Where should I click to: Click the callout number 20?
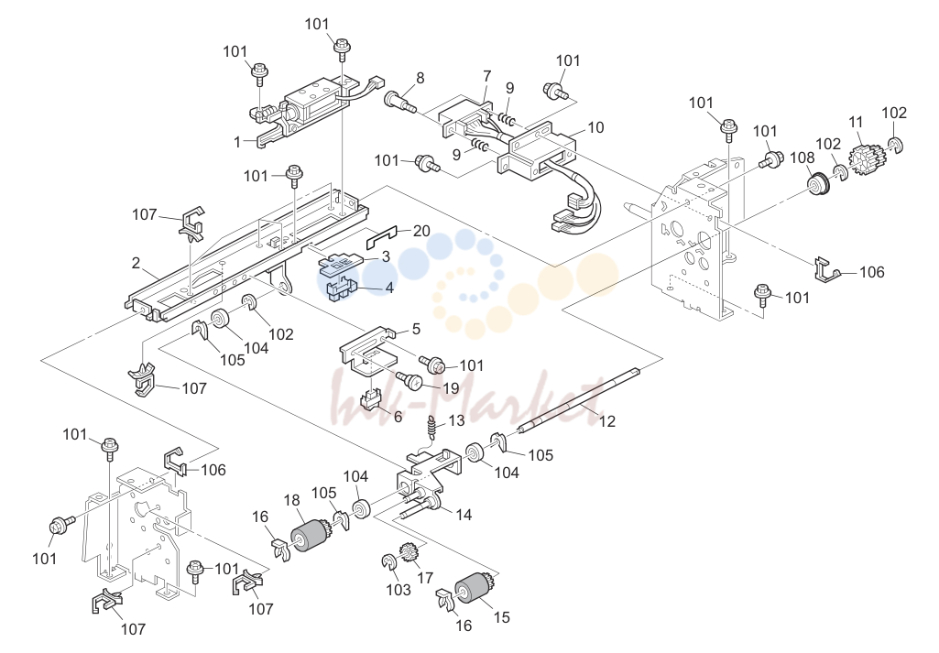click(x=421, y=231)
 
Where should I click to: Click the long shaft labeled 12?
click(x=579, y=399)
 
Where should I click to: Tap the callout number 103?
click(x=399, y=590)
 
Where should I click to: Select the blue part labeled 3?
click(x=340, y=264)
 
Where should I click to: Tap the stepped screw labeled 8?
click(x=402, y=102)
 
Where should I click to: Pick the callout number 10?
click(x=595, y=127)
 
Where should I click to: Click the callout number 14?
click(x=464, y=515)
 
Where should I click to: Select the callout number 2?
click(x=136, y=263)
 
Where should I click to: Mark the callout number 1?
click(x=237, y=142)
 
